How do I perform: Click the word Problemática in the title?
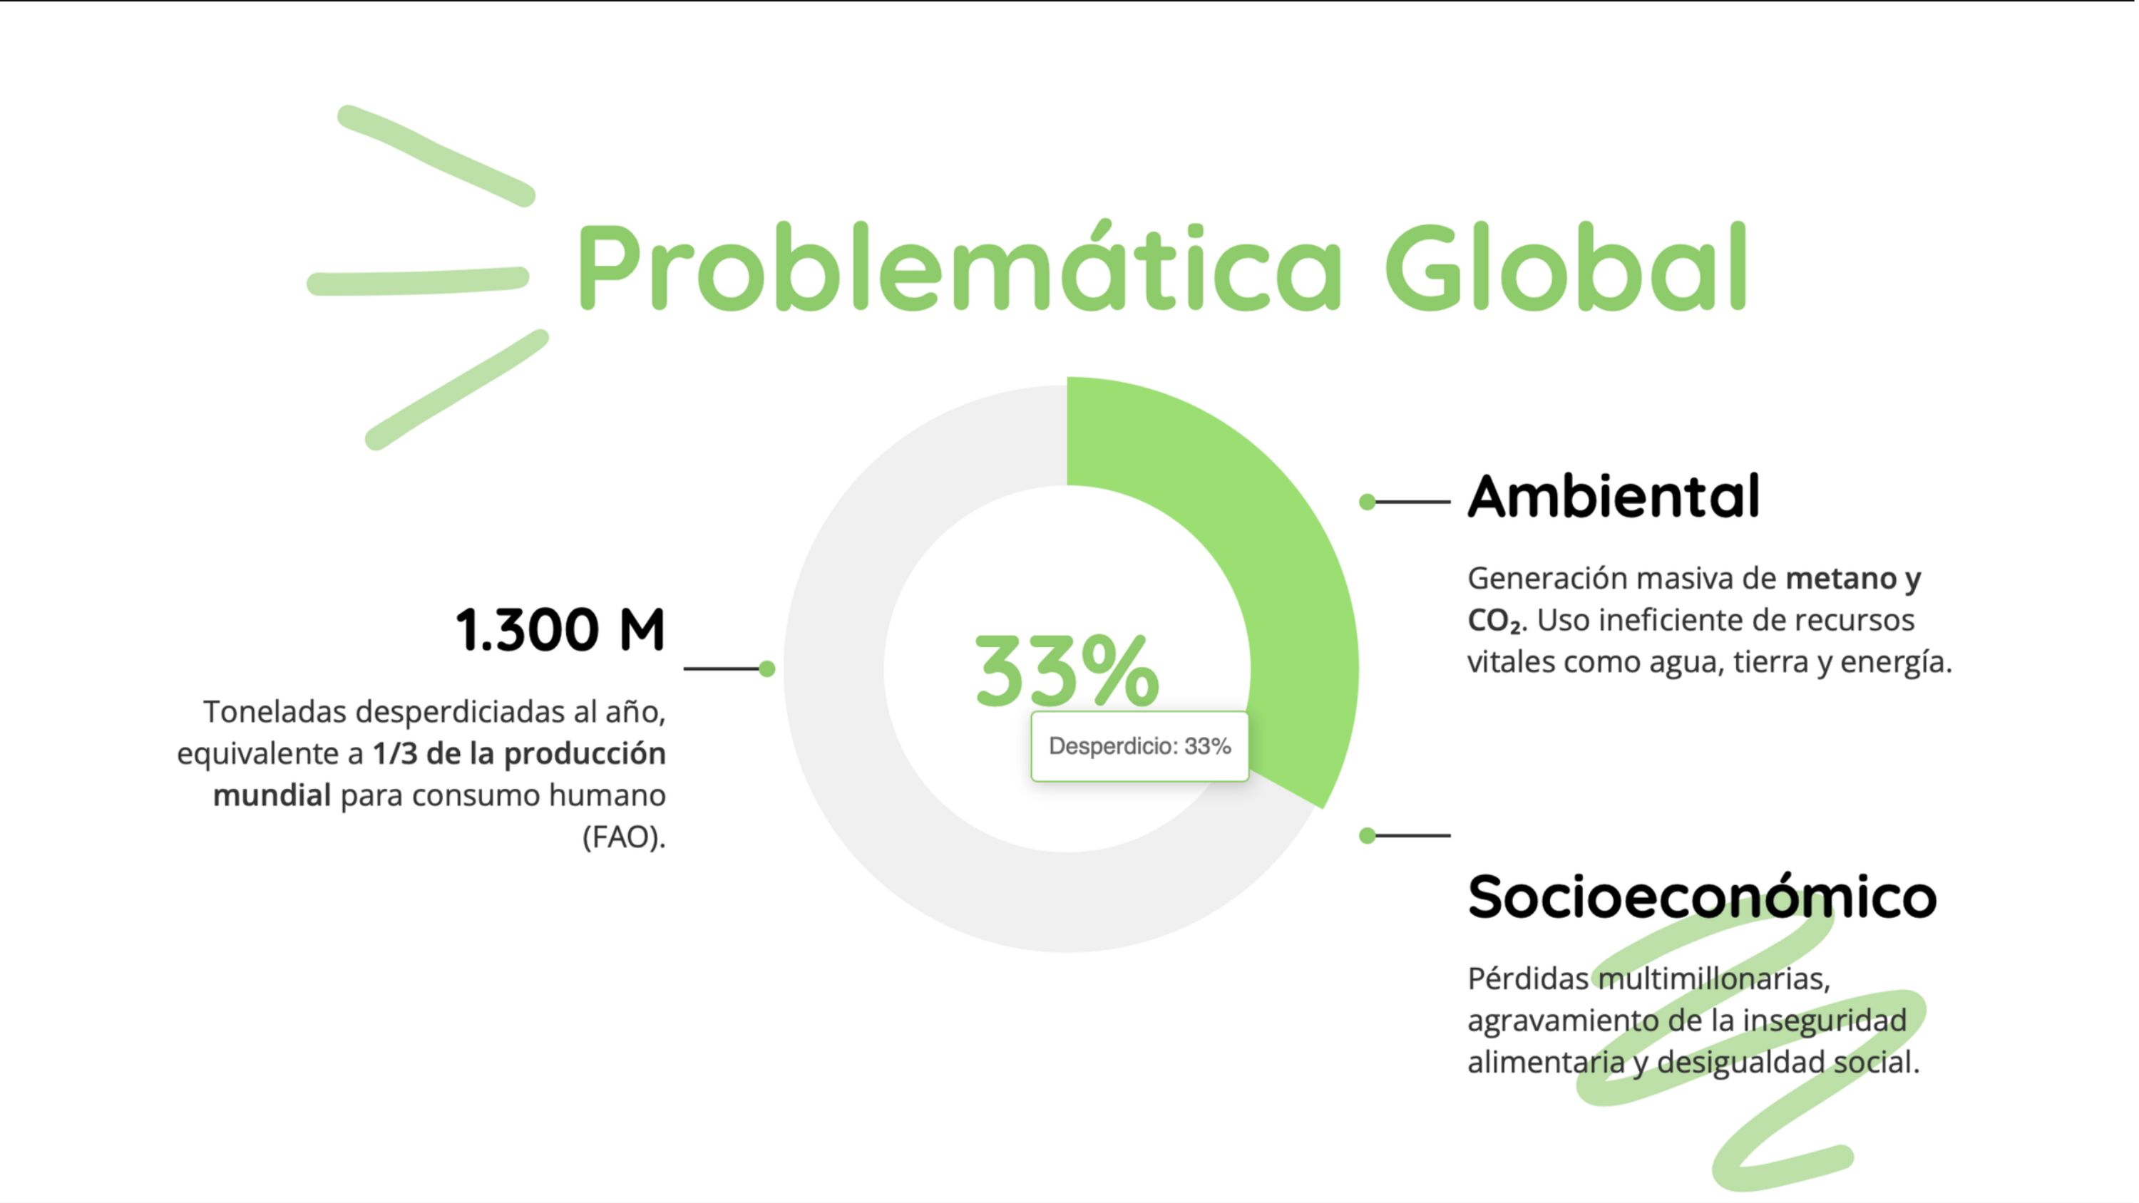[959, 266]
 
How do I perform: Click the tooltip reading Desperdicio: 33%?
[1139, 746]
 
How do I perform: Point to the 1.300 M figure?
[560, 629]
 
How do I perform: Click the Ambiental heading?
[1613, 497]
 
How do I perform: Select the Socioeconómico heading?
[1702, 897]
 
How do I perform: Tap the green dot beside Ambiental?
[1367, 502]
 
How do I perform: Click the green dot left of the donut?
[767, 668]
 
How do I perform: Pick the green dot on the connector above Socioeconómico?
[1367, 835]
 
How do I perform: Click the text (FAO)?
[625, 837]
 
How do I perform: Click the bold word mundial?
[272, 795]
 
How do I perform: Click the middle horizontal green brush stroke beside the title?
[418, 282]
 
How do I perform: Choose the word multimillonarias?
[1714, 978]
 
